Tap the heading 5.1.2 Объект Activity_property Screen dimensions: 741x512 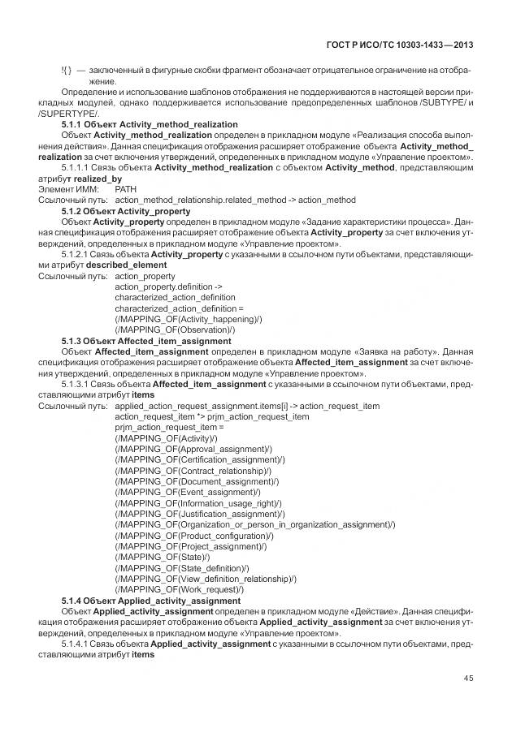[126, 210]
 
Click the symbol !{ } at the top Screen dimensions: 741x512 [67, 70]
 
